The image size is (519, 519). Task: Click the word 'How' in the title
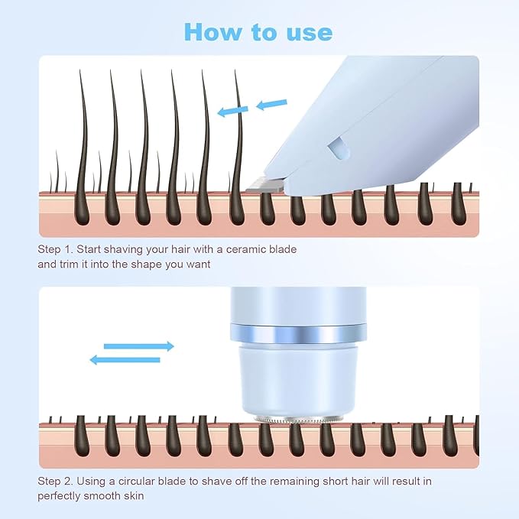pyautogui.click(x=212, y=32)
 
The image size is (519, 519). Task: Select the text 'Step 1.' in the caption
pyautogui.click(x=55, y=250)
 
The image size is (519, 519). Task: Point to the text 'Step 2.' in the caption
pyautogui.click(x=55, y=482)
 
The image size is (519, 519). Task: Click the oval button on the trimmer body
pyautogui.click(x=339, y=148)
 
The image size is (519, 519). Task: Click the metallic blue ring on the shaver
pyautogui.click(x=298, y=334)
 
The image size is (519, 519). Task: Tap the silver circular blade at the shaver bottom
pyautogui.click(x=299, y=419)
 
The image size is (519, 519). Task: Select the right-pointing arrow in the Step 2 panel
pyautogui.click(x=138, y=346)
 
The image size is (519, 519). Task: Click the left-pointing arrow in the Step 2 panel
pyautogui.click(x=125, y=360)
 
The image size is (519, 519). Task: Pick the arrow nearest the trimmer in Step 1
pyautogui.click(x=272, y=104)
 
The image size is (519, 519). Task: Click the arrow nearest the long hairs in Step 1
pyautogui.click(x=232, y=112)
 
